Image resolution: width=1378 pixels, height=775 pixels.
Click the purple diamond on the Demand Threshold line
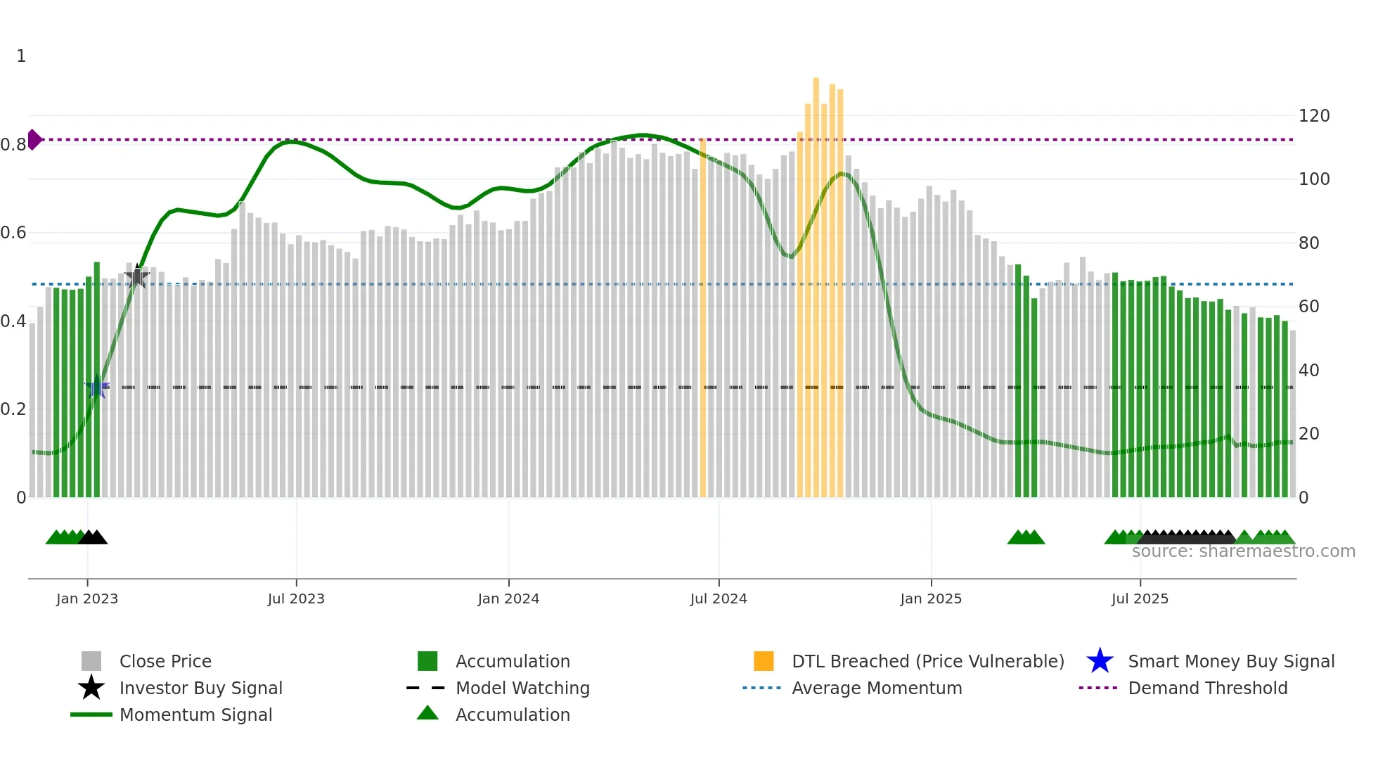click(x=34, y=139)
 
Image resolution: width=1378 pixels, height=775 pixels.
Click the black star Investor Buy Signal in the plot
click(x=137, y=277)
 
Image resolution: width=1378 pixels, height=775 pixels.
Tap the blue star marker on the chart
click(x=97, y=387)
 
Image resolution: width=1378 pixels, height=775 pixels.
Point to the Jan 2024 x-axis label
click(x=508, y=598)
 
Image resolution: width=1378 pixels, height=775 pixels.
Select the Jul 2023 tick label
click(x=296, y=598)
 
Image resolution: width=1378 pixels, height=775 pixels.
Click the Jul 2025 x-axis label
click(x=1140, y=598)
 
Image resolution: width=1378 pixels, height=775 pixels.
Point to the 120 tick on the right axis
click(x=1313, y=116)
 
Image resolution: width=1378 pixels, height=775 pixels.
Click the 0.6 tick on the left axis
click(x=13, y=233)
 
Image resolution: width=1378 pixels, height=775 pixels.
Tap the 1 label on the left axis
click(x=21, y=56)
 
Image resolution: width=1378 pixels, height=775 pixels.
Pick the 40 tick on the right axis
click(x=1308, y=371)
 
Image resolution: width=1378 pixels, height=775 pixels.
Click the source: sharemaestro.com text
click(x=1243, y=551)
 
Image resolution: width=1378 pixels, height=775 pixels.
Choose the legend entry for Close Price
click(x=165, y=661)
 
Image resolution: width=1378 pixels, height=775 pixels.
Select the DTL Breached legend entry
click(x=927, y=661)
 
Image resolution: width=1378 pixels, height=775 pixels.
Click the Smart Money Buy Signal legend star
click(x=1100, y=661)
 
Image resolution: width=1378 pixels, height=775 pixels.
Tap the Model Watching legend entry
click(x=522, y=688)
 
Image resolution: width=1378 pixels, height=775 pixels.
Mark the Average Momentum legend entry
click(x=876, y=688)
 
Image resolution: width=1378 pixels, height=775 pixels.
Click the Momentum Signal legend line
click(x=91, y=715)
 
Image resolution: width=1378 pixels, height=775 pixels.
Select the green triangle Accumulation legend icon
click(x=427, y=713)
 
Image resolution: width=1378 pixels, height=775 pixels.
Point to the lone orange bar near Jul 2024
click(x=702, y=316)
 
